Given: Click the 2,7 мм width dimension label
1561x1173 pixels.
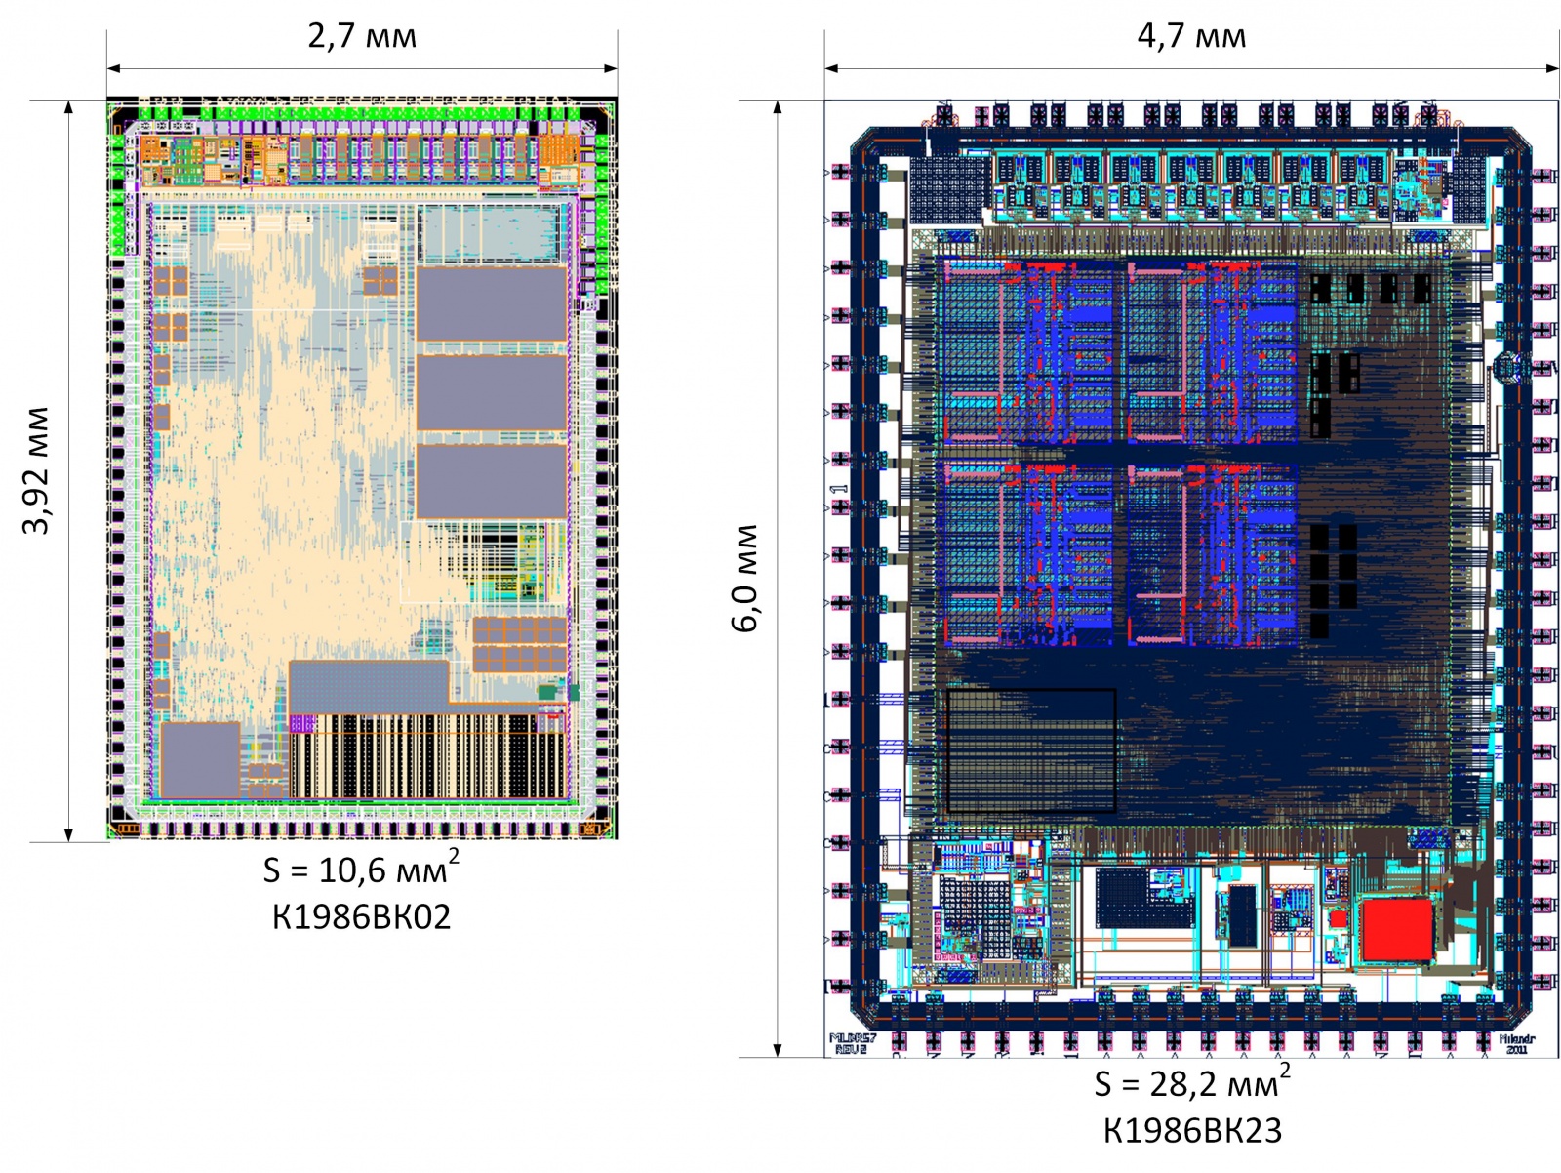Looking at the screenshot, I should coord(362,36).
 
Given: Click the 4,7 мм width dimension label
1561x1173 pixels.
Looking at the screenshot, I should coord(1191,36).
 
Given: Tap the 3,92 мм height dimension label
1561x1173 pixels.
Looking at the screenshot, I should coord(36,470).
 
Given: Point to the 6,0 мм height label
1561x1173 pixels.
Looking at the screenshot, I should coord(745,578).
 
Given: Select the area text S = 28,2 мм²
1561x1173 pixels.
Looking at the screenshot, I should coord(1191,1082).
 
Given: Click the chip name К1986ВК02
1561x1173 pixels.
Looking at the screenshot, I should coord(361,917).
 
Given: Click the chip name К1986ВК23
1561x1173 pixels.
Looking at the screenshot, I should coord(1192,1131).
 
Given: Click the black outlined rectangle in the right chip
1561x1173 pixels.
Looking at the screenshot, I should coord(1030,750).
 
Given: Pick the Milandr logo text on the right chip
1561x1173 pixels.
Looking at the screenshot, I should coord(1516,1043).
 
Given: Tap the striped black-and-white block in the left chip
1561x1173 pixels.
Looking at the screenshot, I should coord(427,756).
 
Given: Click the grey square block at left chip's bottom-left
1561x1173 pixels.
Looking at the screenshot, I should coord(200,760).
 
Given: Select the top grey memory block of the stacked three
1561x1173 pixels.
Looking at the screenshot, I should coord(492,303).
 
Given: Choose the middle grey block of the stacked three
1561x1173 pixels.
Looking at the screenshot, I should coord(492,392).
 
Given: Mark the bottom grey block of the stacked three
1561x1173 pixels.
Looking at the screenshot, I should coord(492,481).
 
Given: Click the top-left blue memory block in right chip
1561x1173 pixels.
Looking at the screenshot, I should coord(1024,351).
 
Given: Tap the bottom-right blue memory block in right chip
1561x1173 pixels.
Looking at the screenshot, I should coord(1213,554).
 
